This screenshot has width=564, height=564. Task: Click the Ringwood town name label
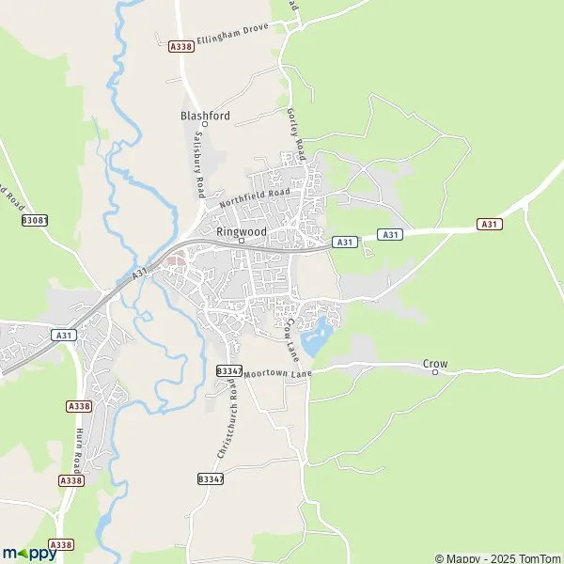point(242,229)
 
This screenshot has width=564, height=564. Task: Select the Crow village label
point(434,363)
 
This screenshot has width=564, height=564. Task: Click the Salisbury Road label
point(199,163)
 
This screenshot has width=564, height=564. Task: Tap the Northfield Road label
point(255,198)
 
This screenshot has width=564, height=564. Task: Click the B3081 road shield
point(34,221)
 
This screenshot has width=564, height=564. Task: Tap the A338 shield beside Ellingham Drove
point(180,45)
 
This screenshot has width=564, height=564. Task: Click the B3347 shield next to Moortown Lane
point(228,371)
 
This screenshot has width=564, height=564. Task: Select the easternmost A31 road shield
point(489,224)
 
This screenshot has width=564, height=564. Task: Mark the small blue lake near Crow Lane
point(318,331)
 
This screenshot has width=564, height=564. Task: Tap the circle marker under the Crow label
point(435,372)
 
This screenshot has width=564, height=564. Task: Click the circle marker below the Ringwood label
point(242,240)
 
